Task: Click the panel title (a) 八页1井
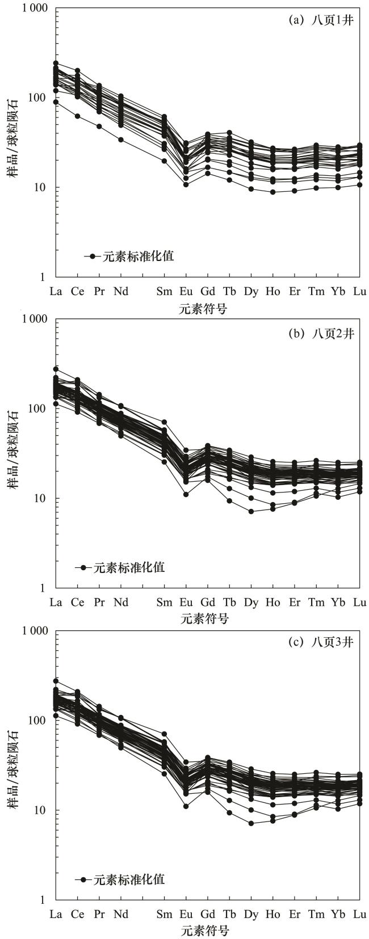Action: click(x=321, y=20)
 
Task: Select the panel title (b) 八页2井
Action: click(x=321, y=333)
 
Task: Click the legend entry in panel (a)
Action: click(x=129, y=256)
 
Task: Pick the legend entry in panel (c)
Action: click(x=120, y=879)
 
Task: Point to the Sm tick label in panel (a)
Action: click(x=165, y=292)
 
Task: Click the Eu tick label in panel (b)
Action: click(x=186, y=603)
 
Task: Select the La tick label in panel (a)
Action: click(x=56, y=292)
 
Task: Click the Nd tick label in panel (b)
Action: click(x=121, y=603)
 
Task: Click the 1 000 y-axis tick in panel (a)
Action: click(x=35, y=9)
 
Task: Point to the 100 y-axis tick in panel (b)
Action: click(x=40, y=409)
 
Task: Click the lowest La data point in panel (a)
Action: click(x=56, y=102)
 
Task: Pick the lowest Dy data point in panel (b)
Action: click(x=251, y=511)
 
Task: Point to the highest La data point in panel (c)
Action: click(x=56, y=681)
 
